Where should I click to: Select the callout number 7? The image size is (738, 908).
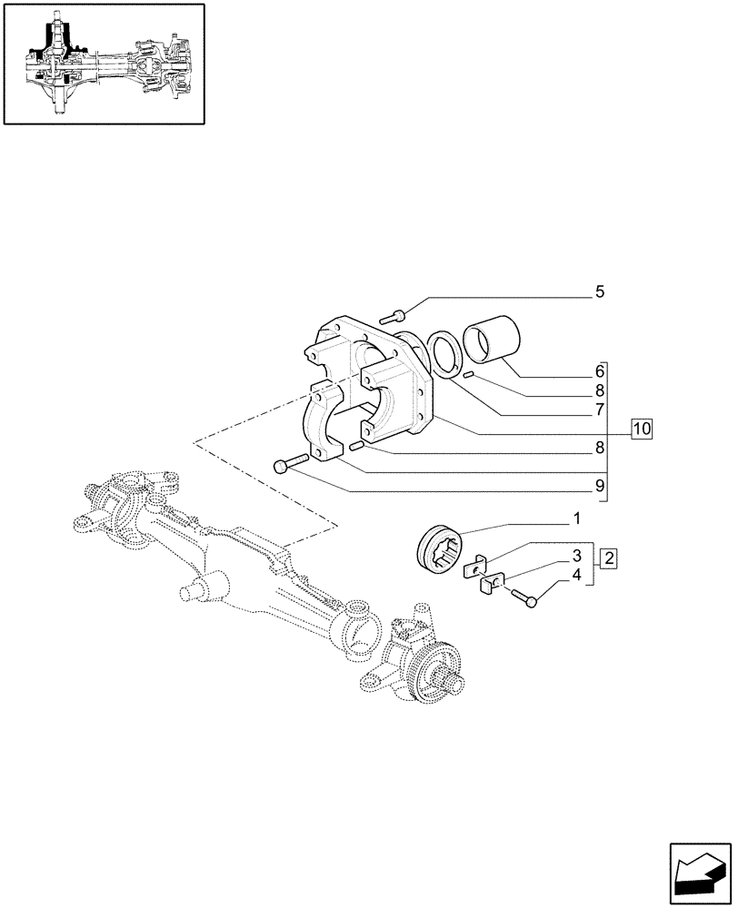tap(600, 410)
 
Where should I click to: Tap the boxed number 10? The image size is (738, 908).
tap(642, 428)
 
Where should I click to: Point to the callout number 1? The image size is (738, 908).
tap(576, 519)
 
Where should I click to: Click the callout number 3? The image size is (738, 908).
tap(576, 555)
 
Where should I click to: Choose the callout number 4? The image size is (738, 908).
tap(576, 574)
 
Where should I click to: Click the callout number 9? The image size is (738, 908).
tap(600, 486)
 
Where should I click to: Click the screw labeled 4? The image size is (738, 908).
tap(525, 597)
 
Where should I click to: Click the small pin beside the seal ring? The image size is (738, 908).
tap(467, 374)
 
